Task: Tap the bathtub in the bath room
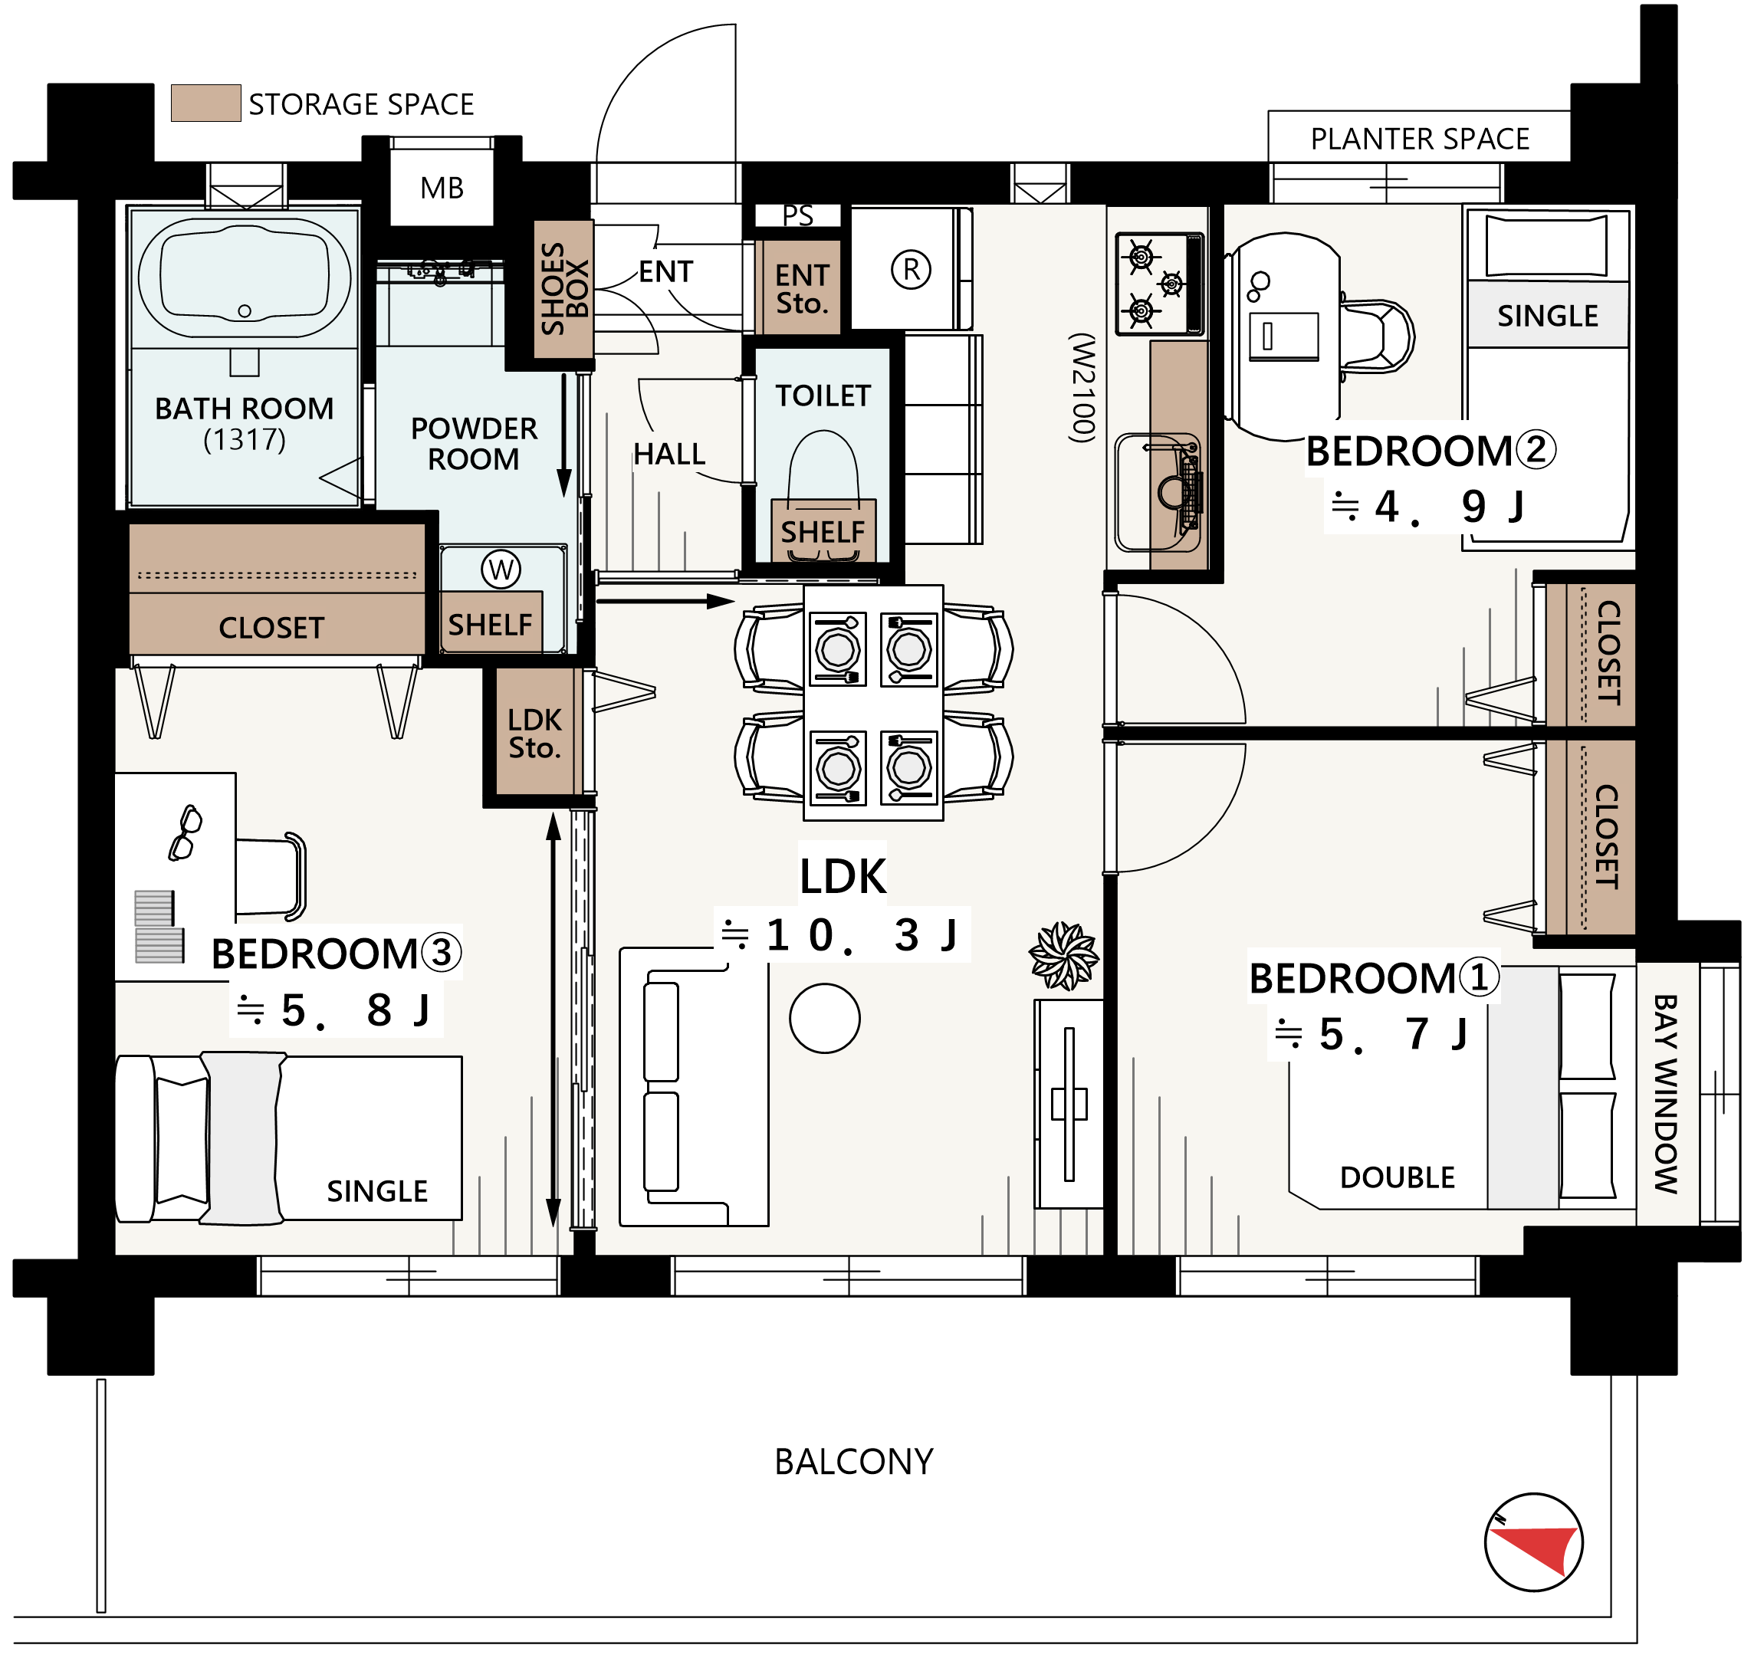[245, 277]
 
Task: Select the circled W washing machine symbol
[501, 570]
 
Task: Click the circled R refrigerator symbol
[912, 270]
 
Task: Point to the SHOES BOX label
[564, 289]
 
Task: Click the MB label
[442, 188]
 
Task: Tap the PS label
[798, 215]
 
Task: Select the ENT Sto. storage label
[802, 289]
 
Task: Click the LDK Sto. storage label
[535, 734]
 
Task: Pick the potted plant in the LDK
[1064, 957]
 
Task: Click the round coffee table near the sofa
[825, 1019]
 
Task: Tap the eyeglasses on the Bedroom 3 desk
[186, 832]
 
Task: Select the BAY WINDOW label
[1667, 1094]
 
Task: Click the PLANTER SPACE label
[1421, 140]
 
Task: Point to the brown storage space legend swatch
[206, 103]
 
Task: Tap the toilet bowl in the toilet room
[824, 470]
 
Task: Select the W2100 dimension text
[1082, 388]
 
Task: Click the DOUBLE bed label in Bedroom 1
[1398, 1177]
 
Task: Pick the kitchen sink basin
[1158, 492]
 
